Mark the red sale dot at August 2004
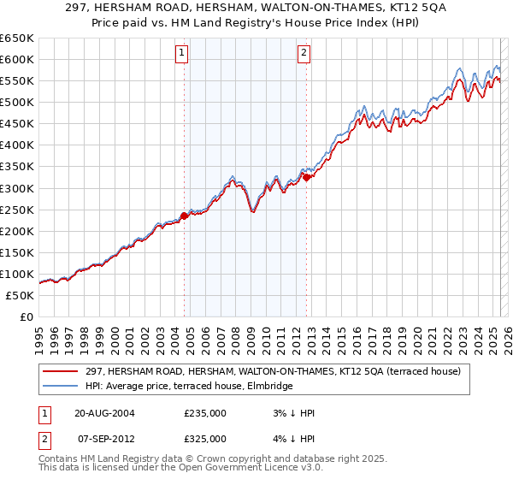pyautogui.click(x=184, y=216)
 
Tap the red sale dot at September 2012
pyautogui.click(x=306, y=177)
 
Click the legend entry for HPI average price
pyautogui.click(x=189, y=386)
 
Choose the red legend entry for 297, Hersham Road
pyautogui.click(x=273, y=371)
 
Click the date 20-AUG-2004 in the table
pyautogui.click(x=104, y=412)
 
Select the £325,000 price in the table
pyautogui.click(x=205, y=438)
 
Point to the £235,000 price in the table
pyautogui.click(x=205, y=412)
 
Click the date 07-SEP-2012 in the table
pyautogui.click(x=104, y=438)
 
